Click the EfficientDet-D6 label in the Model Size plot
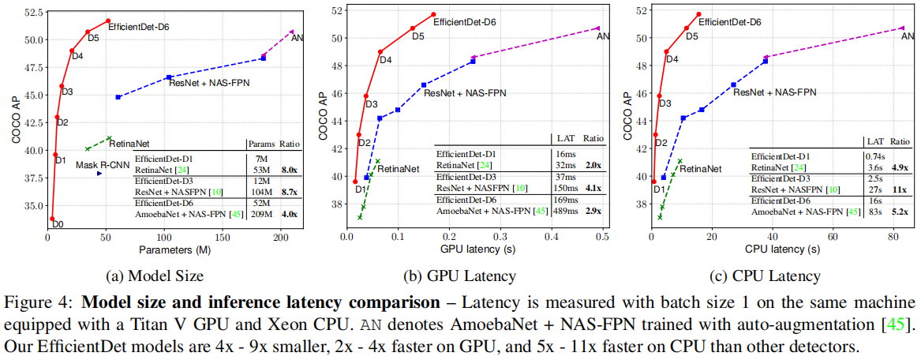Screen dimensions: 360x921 click(x=138, y=26)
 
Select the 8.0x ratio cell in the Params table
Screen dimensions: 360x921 click(x=290, y=169)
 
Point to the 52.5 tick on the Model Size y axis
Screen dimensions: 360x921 click(x=34, y=14)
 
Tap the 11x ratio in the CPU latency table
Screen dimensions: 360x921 click(x=900, y=190)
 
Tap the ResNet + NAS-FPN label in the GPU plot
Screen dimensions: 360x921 click(x=465, y=92)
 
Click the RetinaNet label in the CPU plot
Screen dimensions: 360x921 click(x=700, y=168)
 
